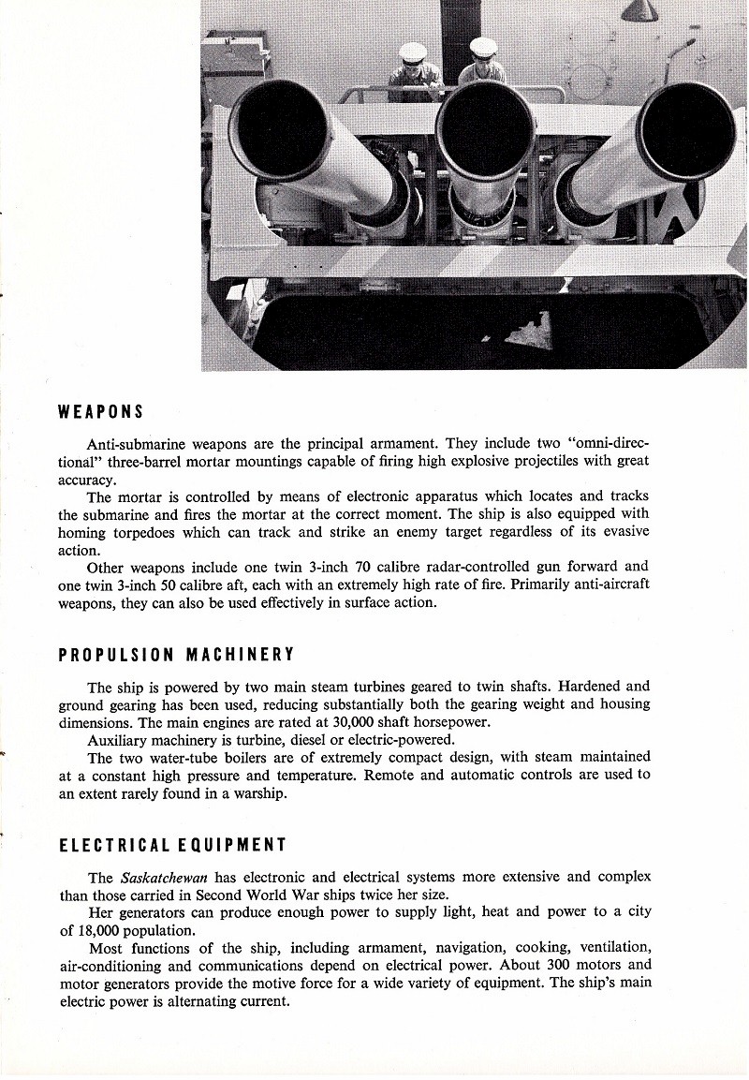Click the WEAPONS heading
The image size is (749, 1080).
(x=100, y=411)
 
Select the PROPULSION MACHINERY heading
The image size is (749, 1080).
(x=176, y=654)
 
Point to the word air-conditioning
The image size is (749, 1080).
(x=117, y=966)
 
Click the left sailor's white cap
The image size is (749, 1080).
(x=413, y=52)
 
